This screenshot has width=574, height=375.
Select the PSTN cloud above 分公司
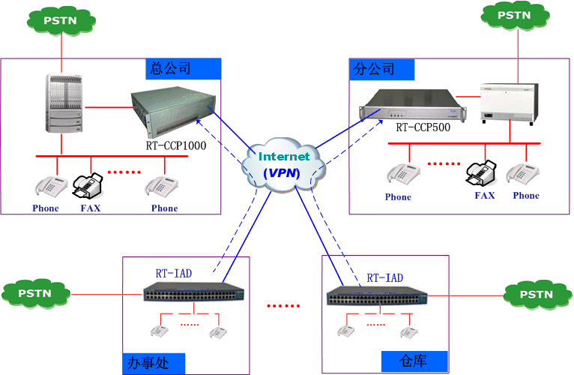click(x=516, y=14)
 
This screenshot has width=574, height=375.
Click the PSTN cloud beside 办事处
click(x=35, y=293)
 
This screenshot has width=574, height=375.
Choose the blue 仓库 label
click(x=414, y=361)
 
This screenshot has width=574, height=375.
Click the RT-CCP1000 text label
click(x=176, y=145)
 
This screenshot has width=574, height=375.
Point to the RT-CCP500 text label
click(x=423, y=127)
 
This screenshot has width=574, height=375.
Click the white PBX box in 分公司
click(x=509, y=101)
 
